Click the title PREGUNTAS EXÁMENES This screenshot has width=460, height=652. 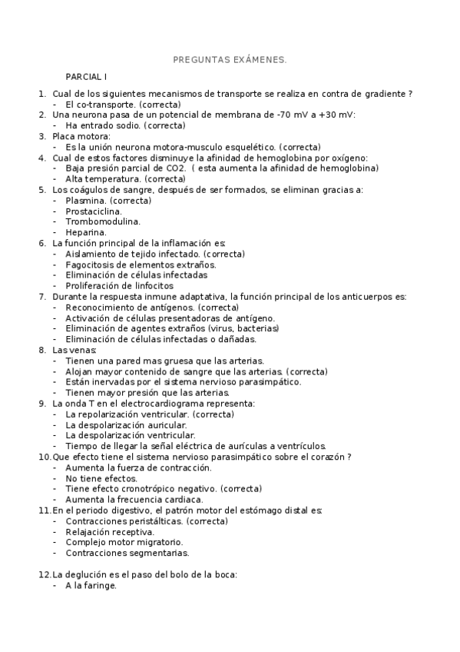[x=230, y=59]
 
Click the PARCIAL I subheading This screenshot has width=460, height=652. [x=87, y=78]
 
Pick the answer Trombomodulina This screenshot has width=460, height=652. [x=102, y=221]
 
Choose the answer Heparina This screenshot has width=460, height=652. [x=86, y=232]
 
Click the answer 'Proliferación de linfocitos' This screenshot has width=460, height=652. [x=119, y=285]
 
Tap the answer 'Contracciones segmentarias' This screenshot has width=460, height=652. [x=127, y=552]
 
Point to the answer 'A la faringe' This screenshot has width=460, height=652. [x=91, y=585]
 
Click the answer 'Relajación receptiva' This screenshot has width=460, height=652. [x=110, y=531]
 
